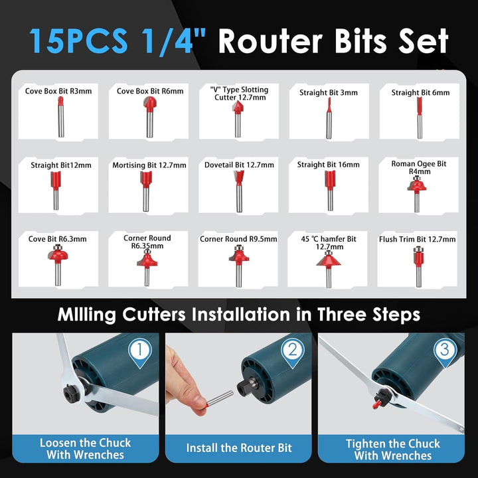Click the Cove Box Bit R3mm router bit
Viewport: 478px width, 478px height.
61,117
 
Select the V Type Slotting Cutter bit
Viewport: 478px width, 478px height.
238,119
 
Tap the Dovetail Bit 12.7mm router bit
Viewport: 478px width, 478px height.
239,191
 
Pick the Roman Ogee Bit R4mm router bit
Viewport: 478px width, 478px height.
417,194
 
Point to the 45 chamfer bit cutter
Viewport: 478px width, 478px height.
329,269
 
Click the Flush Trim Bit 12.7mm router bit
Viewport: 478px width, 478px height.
419,267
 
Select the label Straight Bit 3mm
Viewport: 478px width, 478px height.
329,93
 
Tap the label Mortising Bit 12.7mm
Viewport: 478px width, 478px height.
149,165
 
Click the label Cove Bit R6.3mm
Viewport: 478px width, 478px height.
57,239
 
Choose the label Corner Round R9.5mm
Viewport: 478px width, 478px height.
238,239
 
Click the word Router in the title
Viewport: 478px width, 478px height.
270,41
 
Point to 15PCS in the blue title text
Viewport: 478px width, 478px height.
78,41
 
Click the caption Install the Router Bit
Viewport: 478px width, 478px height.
239,448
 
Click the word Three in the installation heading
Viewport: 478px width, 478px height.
341,314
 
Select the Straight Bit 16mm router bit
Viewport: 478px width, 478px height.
330,191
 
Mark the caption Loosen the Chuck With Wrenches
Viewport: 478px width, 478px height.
86,449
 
